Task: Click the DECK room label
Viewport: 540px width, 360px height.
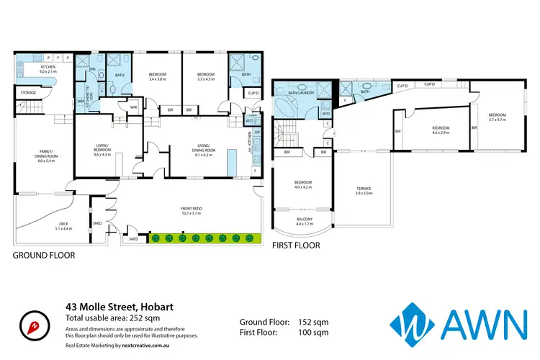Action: tap(63, 225)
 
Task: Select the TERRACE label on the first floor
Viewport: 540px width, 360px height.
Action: tap(363, 190)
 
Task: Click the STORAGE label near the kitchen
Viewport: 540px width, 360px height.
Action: tap(28, 93)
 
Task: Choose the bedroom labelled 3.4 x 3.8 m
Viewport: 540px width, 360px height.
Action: tap(158, 76)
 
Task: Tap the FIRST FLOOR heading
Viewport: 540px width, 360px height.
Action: tap(295, 246)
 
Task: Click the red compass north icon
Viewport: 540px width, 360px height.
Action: tap(30, 324)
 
